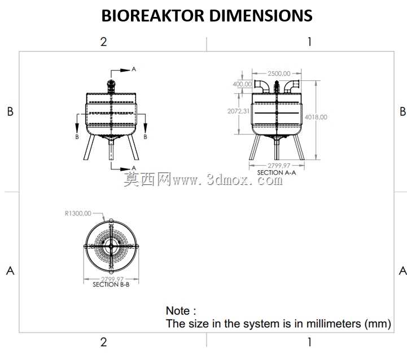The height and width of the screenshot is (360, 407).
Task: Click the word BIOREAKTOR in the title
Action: (x=153, y=16)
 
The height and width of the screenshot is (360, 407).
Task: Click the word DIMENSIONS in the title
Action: (x=261, y=16)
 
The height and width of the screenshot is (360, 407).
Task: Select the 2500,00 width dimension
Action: (x=279, y=73)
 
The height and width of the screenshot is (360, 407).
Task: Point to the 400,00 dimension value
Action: (x=242, y=84)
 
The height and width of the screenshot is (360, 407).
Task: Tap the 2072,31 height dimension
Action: (x=238, y=111)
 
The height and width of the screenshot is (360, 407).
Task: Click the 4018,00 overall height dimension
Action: (x=316, y=117)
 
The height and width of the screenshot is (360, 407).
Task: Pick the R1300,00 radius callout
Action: (x=78, y=214)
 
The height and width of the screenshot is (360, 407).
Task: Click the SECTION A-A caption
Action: (x=277, y=172)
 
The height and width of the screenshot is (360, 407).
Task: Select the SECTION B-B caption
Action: (x=111, y=285)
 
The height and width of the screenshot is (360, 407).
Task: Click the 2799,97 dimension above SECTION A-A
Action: (x=279, y=166)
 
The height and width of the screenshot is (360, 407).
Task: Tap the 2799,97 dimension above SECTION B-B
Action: (x=112, y=279)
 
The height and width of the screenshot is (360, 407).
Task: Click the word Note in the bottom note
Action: (x=178, y=311)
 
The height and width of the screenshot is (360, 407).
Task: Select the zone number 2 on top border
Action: (x=103, y=42)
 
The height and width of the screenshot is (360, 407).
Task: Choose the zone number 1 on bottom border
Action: (x=309, y=342)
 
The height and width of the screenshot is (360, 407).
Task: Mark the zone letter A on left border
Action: (x=10, y=271)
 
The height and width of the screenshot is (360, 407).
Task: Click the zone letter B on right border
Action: (x=402, y=111)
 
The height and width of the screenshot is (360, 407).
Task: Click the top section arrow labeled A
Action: (x=121, y=70)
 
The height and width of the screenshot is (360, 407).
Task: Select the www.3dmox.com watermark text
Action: (x=227, y=180)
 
